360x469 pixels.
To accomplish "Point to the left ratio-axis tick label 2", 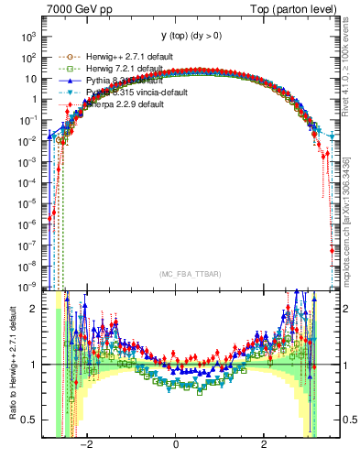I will coord(35,309).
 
